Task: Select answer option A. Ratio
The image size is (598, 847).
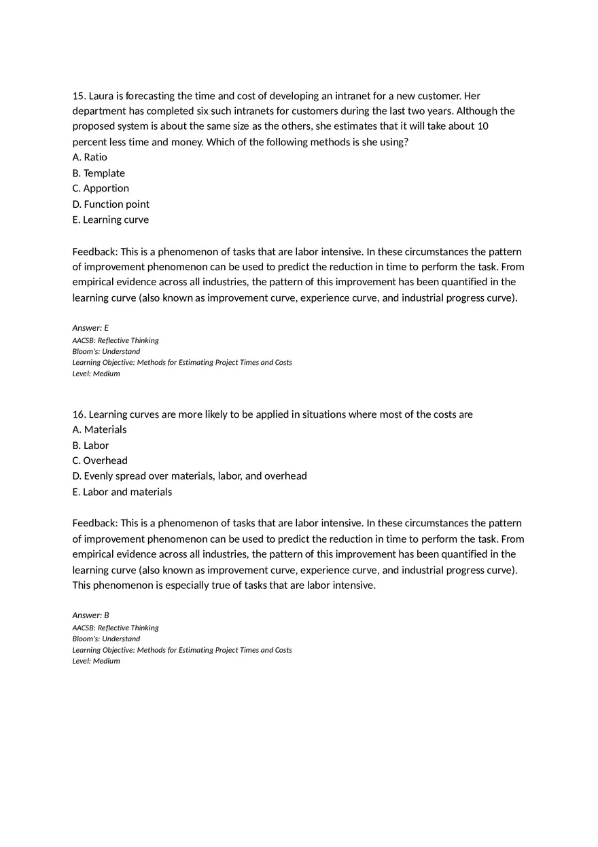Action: coord(90,157)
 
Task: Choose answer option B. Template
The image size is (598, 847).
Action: coord(99,173)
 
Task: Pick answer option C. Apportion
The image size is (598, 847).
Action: coord(101,188)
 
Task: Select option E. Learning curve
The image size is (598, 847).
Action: coord(110,219)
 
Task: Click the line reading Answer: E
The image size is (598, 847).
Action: coord(90,328)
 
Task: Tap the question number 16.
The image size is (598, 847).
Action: coord(79,414)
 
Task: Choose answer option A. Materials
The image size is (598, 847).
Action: coord(99,429)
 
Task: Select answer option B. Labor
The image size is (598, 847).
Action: coord(90,446)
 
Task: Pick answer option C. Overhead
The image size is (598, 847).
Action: coord(100,461)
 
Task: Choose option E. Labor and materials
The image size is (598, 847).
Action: coord(122,492)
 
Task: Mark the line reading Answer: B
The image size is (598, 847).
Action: coord(90,615)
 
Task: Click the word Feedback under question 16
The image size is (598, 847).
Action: coord(94,523)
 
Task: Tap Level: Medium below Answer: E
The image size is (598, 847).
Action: coord(96,374)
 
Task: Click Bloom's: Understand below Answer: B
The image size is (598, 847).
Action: coord(106,638)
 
